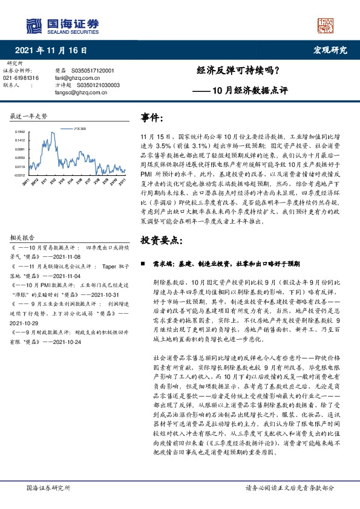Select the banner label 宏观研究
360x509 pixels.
330,50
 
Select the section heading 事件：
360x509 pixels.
152,116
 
